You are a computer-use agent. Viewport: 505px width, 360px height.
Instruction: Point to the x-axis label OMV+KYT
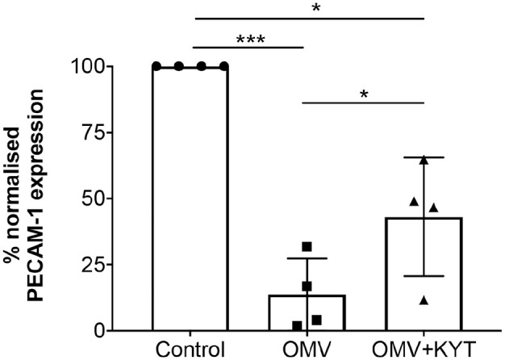click(424, 349)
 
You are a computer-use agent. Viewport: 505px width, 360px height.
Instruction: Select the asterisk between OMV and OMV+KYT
click(363, 94)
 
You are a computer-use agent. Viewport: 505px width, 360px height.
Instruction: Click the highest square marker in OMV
click(307, 246)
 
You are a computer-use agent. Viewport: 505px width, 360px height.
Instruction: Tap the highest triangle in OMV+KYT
click(424, 160)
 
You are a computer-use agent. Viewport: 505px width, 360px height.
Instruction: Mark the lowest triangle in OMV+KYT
click(424, 300)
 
